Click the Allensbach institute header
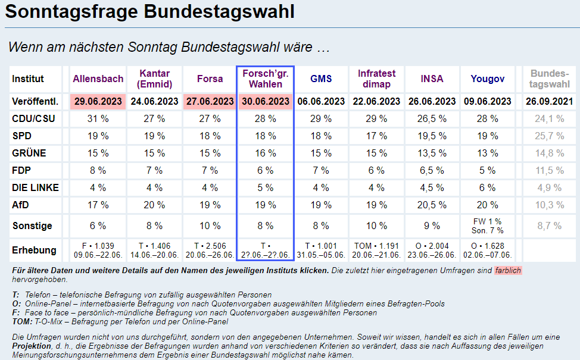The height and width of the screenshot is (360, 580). pyautogui.click(x=98, y=79)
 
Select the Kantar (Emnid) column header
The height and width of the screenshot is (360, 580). pyautogui.click(x=154, y=79)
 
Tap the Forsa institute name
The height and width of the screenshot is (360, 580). pyautogui.click(x=210, y=79)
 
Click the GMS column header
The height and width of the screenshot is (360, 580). pyautogui.click(x=321, y=79)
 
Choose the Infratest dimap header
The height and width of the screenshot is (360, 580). pyautogui.click(x=376, y=79)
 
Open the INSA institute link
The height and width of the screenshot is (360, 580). pyautogui.click(x=432, y=79)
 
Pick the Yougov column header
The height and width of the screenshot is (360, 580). pyautogui.click(x=487, y=79)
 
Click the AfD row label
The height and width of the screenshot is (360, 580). pyautogui.click(x=20, y=205)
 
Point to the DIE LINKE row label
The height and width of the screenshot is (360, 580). pyautogui.click(x=35, y=187)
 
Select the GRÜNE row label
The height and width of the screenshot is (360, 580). pyautogui.click(x=29, y=153)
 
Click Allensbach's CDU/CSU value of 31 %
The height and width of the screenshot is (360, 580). pyautogui.click(x=98, y=118)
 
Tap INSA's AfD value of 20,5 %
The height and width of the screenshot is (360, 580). pyautogui.click(x=432, y=205)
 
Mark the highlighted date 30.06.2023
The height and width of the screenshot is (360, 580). pyautogui.click(x=266, y=101)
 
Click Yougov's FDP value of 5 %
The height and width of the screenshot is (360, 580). pyautogui.click(x=487, y=170)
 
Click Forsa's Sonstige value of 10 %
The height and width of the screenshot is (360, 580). pyautogui.click(x=210, y=226)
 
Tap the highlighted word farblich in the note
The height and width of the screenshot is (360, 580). pyautogui.click(x=507, y=270)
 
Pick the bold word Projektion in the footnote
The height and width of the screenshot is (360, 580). pyautogui.click(x=33, y=346)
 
